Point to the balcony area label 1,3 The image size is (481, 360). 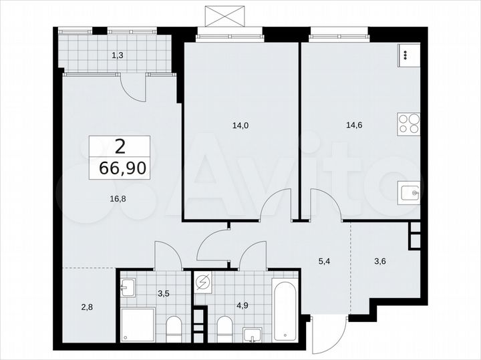point(118,56)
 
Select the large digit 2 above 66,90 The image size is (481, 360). point(120,146)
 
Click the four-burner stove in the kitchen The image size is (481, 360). point(410,124)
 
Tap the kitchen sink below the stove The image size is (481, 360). point(410,192)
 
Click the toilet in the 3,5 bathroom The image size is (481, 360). point(172,328)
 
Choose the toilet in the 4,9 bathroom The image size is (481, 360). point(224,329)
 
